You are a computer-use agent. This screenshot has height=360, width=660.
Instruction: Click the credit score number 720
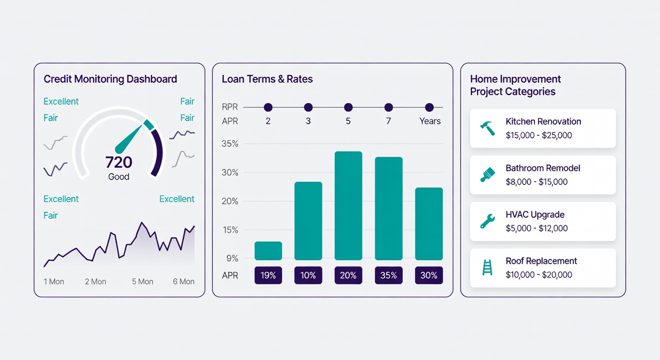click(119, 162)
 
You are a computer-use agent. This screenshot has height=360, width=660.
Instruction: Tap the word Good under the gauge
click(119, 177)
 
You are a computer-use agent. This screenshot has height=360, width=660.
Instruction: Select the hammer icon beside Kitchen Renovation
click(487, 128)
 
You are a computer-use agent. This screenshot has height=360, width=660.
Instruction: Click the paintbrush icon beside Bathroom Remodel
click(487, 174)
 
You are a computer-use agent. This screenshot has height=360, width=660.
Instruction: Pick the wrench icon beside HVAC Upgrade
click(487, 221)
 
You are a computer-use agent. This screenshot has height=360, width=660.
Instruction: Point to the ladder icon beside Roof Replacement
click(487, 267)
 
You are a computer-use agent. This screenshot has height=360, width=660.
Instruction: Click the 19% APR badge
click(268, 275)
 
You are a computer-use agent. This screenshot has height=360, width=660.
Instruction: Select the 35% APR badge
click(389, 275)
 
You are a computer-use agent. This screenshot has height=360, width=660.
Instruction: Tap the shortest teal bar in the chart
click(268, 251)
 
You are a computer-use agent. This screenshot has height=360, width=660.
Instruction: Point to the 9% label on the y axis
click(230, 258)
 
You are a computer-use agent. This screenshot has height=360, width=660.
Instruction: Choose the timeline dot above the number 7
click(389, 107)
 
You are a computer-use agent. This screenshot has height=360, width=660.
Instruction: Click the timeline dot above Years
click(429, 107)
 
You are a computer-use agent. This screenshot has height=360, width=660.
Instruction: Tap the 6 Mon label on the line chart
click(183, 282)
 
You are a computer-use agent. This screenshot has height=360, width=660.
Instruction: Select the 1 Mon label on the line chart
click(54, 282)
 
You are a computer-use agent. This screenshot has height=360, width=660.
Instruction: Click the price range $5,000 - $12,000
click(537, 228)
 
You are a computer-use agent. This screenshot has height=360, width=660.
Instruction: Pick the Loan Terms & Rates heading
click(267, 79)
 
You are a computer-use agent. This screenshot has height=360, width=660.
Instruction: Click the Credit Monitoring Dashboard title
click(110, 79)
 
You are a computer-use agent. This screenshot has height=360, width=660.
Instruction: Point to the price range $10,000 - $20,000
click(539, 275)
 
